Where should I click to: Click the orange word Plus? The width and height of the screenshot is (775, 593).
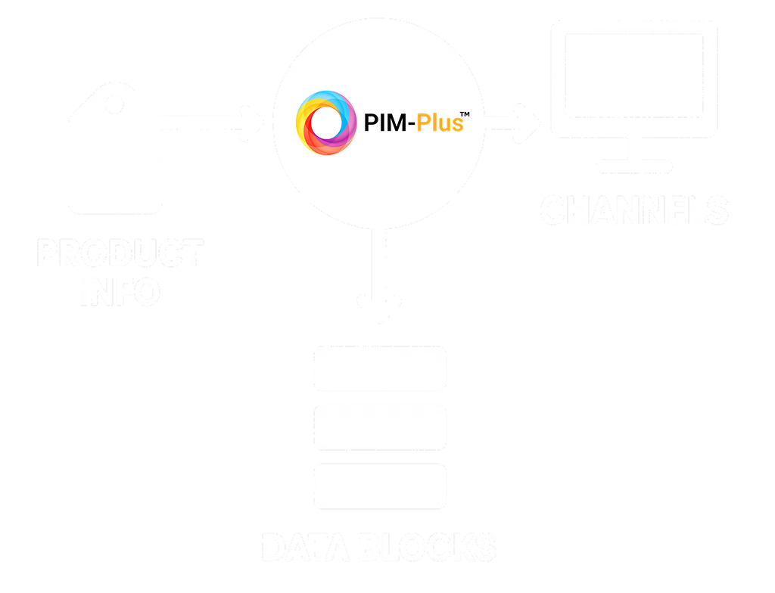[x=438, y=123]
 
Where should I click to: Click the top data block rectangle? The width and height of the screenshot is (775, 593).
[x=379, y=368]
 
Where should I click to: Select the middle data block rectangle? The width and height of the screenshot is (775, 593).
[x=379, y=427]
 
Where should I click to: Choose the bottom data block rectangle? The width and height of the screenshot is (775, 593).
[x=379, y=486]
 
